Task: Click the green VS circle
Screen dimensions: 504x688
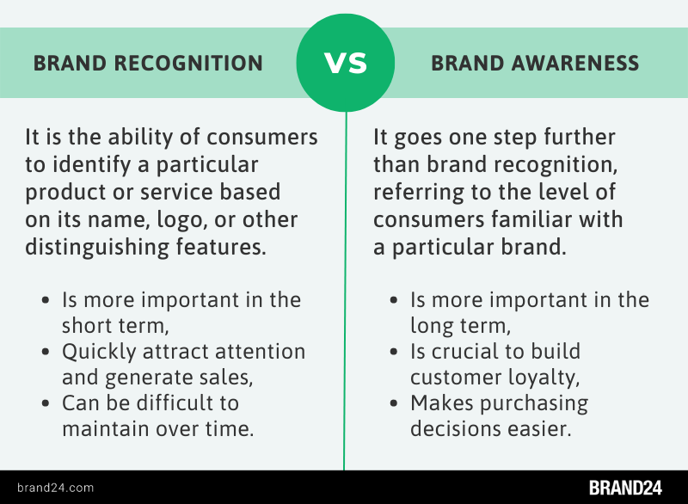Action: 344,63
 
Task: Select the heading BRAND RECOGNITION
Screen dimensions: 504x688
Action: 148,64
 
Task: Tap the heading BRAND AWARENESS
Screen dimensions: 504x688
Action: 535,64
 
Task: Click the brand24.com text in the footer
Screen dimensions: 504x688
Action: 54,488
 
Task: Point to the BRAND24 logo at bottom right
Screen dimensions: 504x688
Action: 625,488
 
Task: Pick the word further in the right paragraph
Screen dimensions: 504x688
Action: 573,138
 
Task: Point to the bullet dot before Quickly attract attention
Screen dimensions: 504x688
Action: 48,353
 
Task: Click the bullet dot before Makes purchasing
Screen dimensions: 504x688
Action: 396,404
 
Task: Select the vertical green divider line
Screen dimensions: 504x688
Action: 344,301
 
